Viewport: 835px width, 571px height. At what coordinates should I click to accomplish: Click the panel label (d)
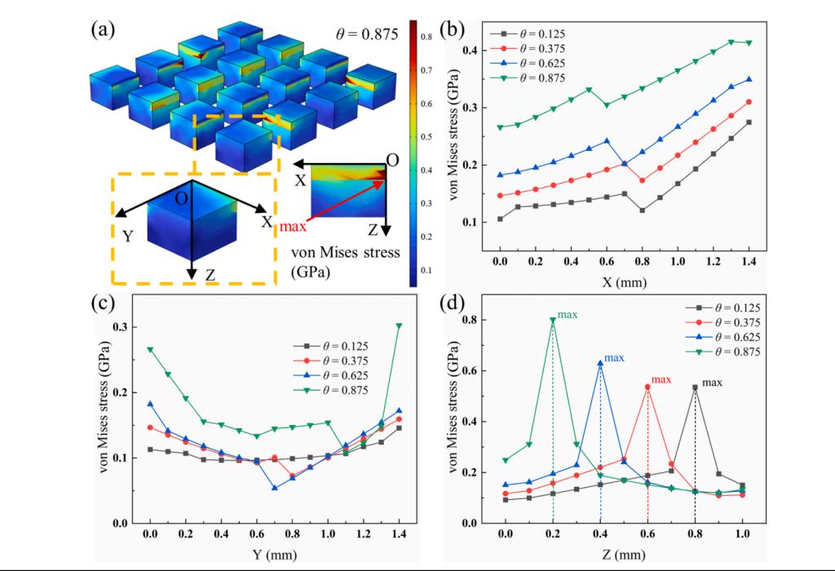coord(453,306)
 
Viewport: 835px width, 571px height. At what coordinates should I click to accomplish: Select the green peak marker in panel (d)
coord(553,321)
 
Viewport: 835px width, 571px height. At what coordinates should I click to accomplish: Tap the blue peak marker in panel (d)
coord(600,364)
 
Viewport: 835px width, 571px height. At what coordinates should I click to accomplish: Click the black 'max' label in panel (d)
coord(713,382)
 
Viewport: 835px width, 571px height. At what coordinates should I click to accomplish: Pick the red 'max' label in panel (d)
coord(661,379)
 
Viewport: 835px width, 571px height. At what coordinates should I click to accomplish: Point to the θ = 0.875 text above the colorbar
coord(365,33)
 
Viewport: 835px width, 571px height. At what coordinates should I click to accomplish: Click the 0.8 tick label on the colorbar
coord(426,36)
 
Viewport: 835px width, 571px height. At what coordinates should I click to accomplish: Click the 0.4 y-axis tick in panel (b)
coord(471,51)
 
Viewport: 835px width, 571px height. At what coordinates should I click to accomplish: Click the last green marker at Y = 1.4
coord(400,325)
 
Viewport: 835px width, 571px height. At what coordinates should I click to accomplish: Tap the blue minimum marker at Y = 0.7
coord(275,488)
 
